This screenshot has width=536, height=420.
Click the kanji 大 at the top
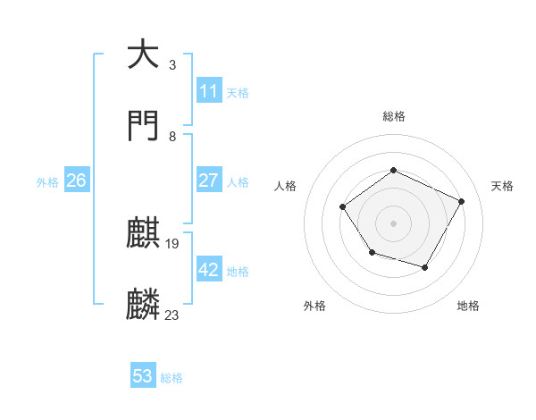[143, 55]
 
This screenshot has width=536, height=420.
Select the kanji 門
[143, 126]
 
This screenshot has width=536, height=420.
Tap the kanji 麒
[143, 235]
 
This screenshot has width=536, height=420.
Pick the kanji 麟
[143, 305]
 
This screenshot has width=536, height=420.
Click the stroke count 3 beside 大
[172, 64]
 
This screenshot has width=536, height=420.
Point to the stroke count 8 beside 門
[172, 136]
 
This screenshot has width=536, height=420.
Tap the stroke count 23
[172, 315]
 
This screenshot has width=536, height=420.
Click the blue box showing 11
[208, 91]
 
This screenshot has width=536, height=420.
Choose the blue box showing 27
[208, 181]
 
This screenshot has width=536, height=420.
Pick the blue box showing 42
[208, 270]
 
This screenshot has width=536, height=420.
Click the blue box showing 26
[76, 181]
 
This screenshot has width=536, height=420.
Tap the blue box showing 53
[143, 376]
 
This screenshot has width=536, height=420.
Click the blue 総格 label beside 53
[172, 378]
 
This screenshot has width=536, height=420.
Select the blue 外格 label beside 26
[47, 182]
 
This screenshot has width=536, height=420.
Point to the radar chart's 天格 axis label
[502, 186]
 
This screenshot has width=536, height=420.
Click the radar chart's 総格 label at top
[393, 116]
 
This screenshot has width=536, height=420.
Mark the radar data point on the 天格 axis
[462, 201]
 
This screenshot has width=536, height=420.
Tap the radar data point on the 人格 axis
[343, 207]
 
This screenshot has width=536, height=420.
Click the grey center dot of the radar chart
[393, 223]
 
